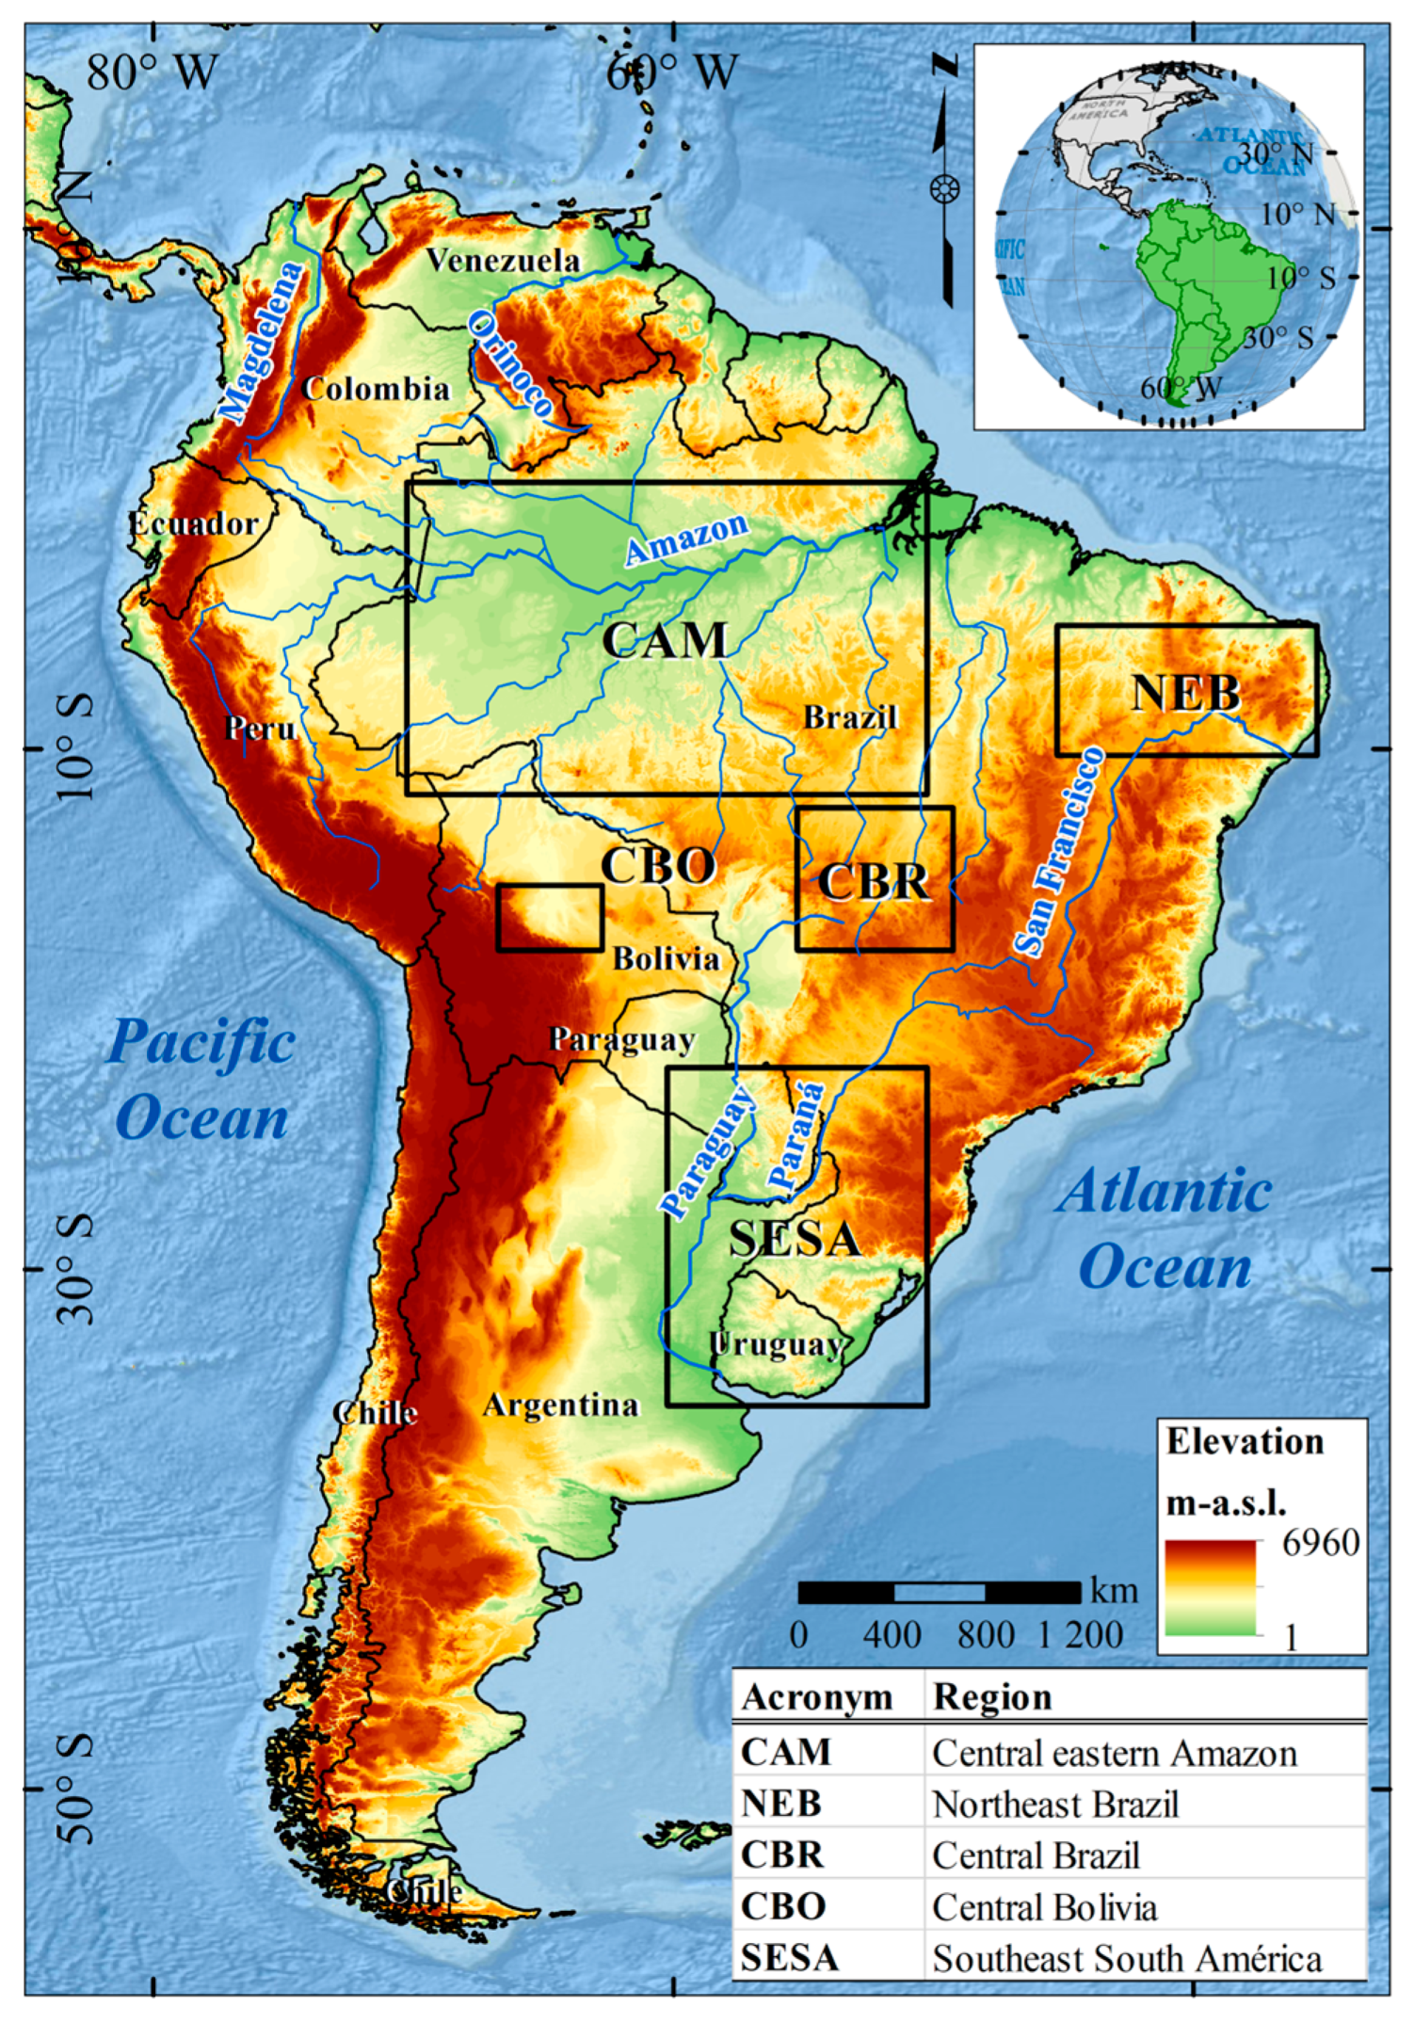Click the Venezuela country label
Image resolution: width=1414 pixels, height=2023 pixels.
[503, 261]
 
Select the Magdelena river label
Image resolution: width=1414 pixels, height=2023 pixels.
[263, 341]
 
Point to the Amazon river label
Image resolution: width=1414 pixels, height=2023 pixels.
[686, 539]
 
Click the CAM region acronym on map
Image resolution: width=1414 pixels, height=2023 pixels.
[665, 641]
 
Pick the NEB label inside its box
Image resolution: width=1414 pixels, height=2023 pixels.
[1185, 694]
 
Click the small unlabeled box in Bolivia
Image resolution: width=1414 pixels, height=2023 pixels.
[550, 917]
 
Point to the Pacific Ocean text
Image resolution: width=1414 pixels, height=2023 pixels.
[201, 1080]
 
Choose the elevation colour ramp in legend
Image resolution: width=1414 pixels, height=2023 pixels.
[1210, 1588]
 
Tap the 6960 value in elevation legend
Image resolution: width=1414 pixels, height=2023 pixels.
[1320, 1543]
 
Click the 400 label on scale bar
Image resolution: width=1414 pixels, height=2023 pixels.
[892, 1635]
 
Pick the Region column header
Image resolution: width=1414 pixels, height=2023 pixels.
[992, 1697]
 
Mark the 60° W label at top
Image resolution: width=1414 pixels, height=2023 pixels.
[672, 72]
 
